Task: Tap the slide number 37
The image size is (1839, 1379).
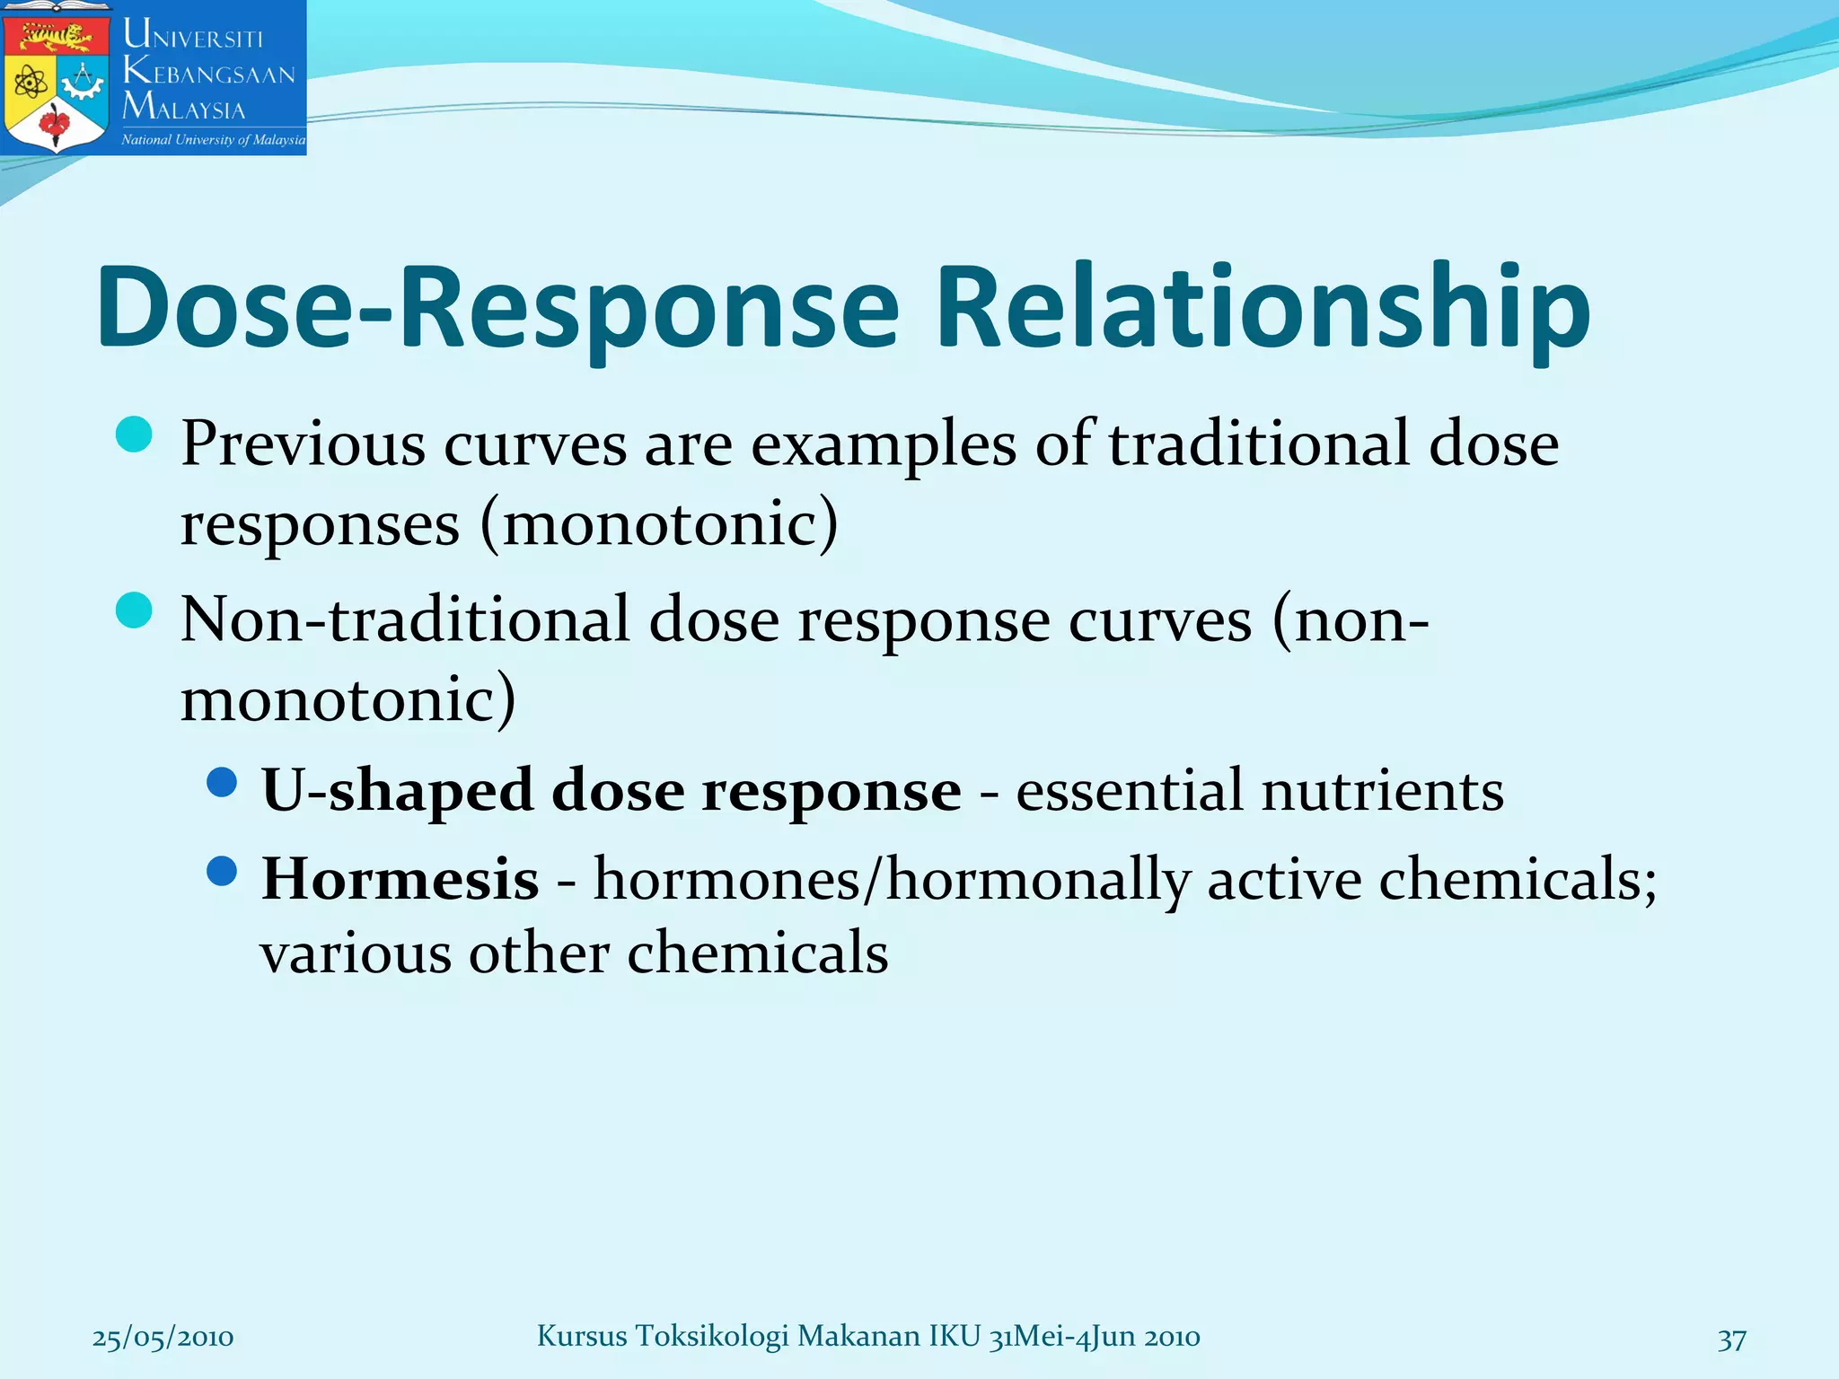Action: (x=1731, y=1339)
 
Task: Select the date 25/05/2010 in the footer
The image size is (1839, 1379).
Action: (x=163, y=1338)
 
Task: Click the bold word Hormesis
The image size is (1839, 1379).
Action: (x=400, y=878)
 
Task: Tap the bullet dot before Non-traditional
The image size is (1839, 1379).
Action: (x=135, y=611)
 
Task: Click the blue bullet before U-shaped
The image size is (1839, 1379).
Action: (x=221, y=783)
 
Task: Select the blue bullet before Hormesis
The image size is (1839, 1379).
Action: (x=221, y=870)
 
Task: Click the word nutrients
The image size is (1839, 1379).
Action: (x=1382, y=791)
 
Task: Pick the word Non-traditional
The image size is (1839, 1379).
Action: (x=404, y=619)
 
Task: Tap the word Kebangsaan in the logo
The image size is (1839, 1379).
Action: (x=209, y=72)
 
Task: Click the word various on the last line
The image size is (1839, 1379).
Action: (x=356, y=953)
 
